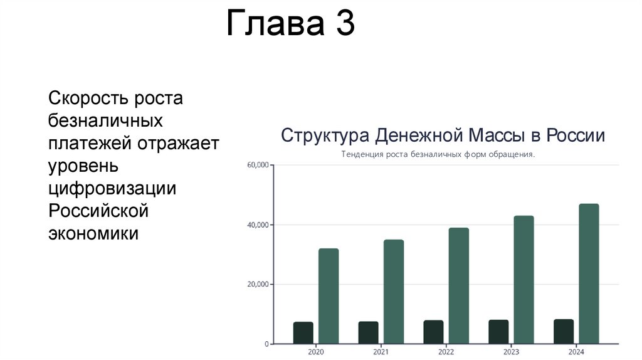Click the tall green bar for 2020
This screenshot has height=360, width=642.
click(329, 296)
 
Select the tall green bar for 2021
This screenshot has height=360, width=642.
click(394, 292)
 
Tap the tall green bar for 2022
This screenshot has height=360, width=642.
click(458, 286)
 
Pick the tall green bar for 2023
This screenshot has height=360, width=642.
click(524, 280)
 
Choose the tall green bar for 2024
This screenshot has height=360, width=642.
click(589, 273)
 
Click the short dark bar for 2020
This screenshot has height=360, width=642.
click(303, 333)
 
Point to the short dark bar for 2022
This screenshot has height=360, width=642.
click(434, 332)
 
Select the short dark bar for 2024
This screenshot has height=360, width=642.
click(564, 332)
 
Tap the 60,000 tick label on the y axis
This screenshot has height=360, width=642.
click(258, 165)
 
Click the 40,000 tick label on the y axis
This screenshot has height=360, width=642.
click(258, 225)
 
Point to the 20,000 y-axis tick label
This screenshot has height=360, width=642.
click(258, 284)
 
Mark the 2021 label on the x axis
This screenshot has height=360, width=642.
click(381, 352)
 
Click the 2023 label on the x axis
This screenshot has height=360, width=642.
click(511, 352)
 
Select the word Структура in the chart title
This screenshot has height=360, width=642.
click(325, 135)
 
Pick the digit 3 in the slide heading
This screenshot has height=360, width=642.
click(345, 23)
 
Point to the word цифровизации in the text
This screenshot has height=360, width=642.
click(112, 189)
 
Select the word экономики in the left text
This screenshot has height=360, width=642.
click(93, 233)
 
